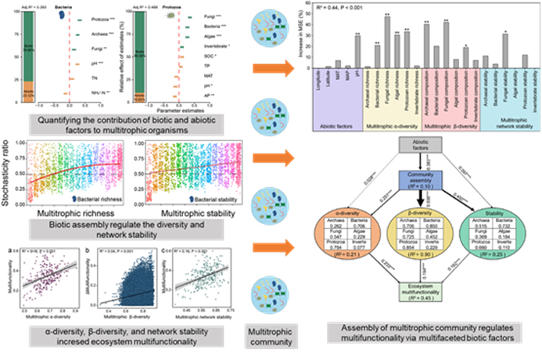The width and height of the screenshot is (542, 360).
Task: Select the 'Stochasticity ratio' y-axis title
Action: click(8, 168)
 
